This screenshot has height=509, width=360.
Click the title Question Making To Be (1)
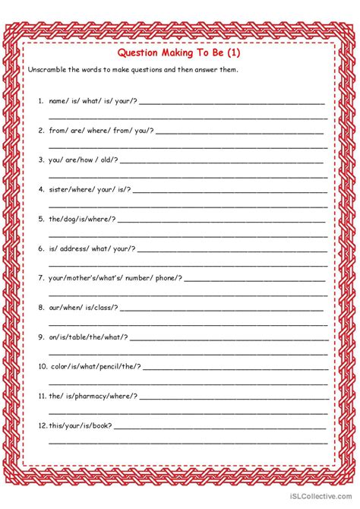click(x=179, y=53)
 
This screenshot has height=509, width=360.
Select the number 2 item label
click(x=40, y=130)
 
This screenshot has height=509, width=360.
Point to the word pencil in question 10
click(x=112, y=366)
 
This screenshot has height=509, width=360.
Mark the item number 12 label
click(x=42, y=425)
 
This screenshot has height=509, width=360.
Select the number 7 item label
click(x=40, y=278)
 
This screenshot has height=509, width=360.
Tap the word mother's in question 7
click(x=87, y=278)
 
